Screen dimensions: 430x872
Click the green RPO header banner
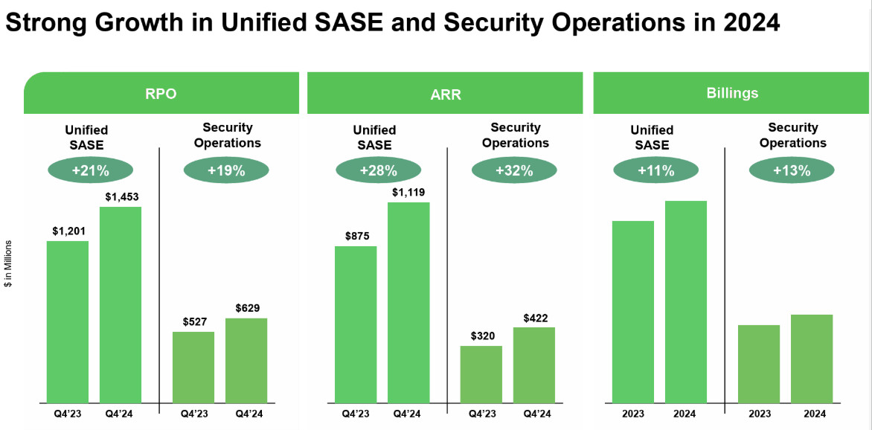[x=161, y=94]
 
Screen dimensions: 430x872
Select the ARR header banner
[x=444, y=94]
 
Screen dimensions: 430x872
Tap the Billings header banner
[x=732, y=93]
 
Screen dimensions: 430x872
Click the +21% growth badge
[x=90, y=171]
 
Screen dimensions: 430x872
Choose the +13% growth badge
[x=791, y=171]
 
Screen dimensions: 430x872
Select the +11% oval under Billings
[x=655, y=171]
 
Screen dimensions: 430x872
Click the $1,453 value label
[x=121, y=197]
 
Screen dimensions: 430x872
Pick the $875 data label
[x=356, y=237]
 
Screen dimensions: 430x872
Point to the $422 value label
[x=533, y=318]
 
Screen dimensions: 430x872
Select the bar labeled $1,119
[x=408, y=302]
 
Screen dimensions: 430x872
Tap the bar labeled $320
[x=481, y=374]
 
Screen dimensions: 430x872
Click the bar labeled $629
[x=246, y=360]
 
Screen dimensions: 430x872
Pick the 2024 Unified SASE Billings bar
[x=686, y=301]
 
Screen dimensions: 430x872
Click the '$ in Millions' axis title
[x=8, y=264]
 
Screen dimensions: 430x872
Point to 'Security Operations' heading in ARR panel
[x=515, y=135]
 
